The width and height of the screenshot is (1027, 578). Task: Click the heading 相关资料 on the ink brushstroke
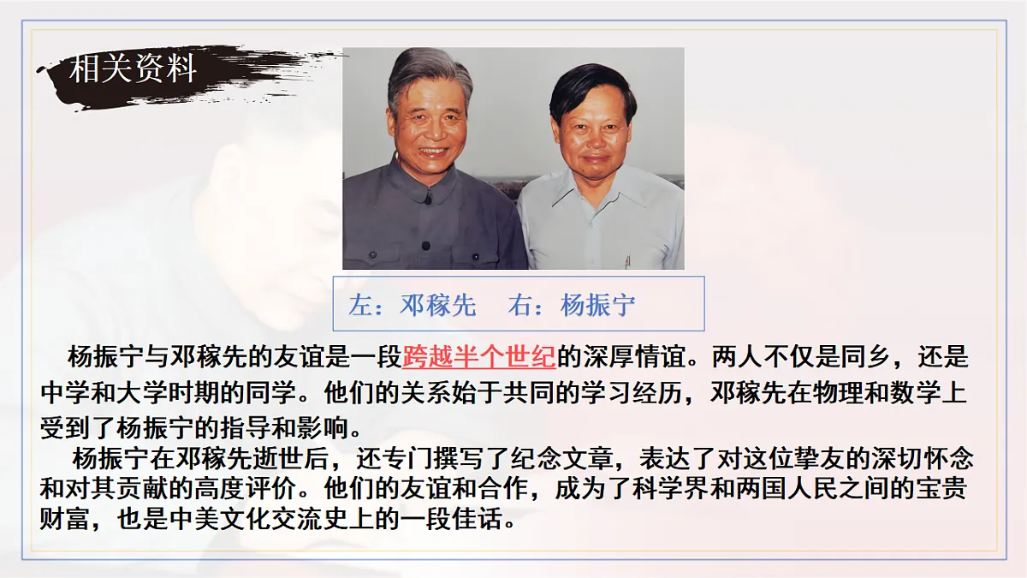[133, 69]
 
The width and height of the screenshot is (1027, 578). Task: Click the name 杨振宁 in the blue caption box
[598, 305]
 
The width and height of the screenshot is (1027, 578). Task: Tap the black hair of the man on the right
[590, 85]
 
